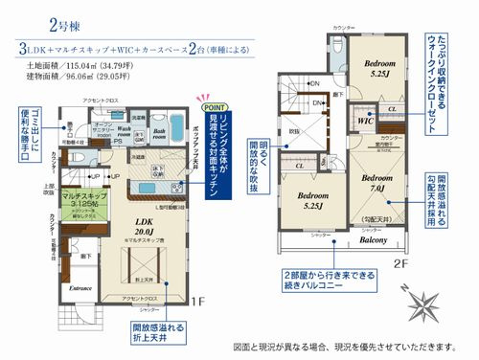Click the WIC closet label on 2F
point(364,122)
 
